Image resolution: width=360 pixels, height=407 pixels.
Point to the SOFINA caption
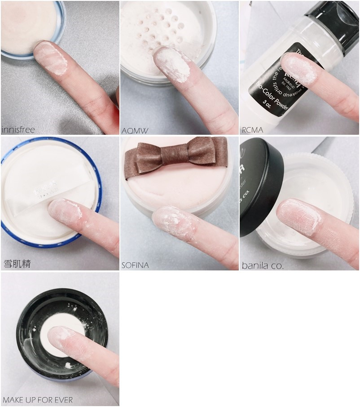[135, 265]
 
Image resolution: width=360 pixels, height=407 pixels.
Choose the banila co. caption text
[263, 265]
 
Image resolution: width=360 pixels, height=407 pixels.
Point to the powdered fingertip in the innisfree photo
[52, 58]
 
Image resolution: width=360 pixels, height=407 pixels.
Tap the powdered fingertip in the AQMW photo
[171, 65]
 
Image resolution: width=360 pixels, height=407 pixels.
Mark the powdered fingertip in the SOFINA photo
[173, 222]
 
